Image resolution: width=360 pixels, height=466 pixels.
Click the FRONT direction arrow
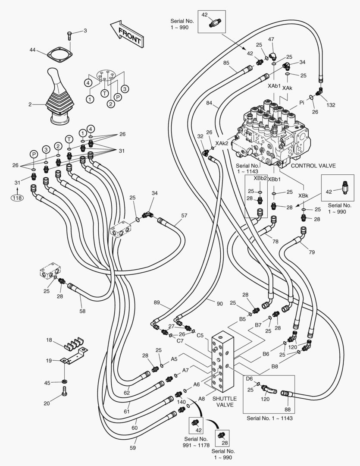pos(126,34)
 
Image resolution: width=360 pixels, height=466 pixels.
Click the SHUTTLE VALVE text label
pos(225,402)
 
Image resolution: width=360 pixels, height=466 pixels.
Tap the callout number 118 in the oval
pos(18,197)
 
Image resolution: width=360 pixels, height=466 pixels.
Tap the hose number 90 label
pos(219,304)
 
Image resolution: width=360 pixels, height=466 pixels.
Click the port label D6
pos(249,378)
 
